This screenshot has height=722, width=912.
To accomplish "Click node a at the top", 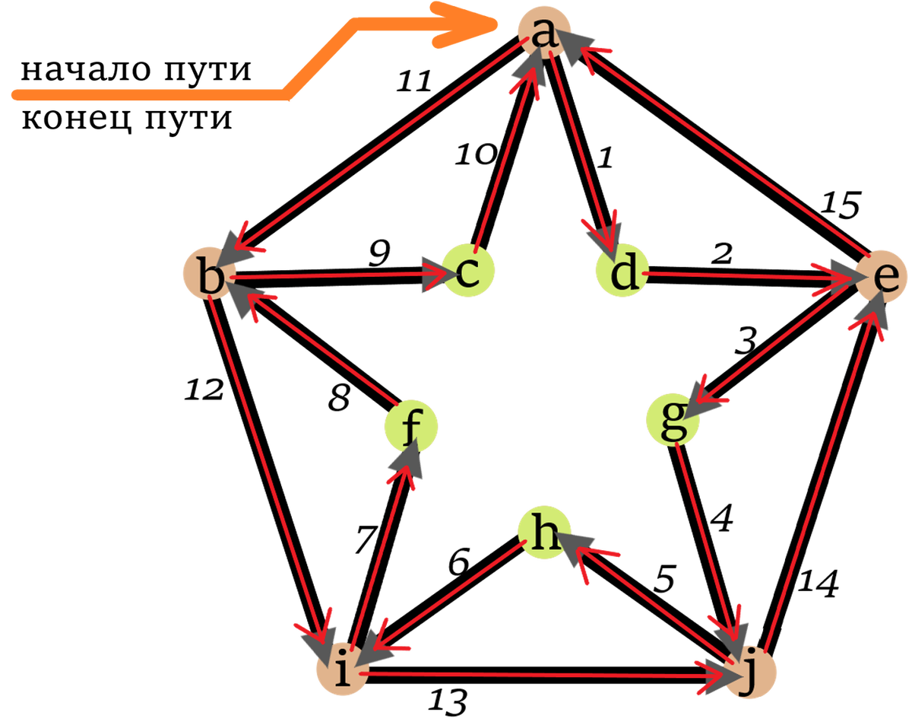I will (543, 32).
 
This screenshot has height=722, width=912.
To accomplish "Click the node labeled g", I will (672, 420).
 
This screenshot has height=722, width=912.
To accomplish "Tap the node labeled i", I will (342, 671).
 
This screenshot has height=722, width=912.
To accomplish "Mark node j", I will (751, 674).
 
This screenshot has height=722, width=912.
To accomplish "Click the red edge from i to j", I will (532, 673).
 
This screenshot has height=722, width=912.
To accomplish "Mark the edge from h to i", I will (448, 593).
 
